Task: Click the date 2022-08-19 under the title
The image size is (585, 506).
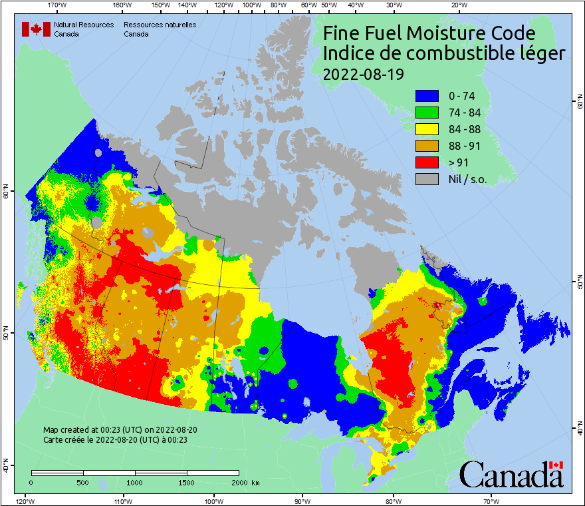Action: coord(363,74)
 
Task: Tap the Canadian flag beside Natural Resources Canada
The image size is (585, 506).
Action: coord(36,29)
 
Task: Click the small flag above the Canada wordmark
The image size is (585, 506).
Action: coord(556,465)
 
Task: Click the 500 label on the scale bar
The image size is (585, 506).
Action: coord(83,482)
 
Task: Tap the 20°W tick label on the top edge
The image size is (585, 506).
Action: coord(457,5)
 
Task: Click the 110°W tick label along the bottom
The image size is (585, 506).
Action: coord(122,501)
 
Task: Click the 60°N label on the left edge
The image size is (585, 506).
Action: coord(5,194)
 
